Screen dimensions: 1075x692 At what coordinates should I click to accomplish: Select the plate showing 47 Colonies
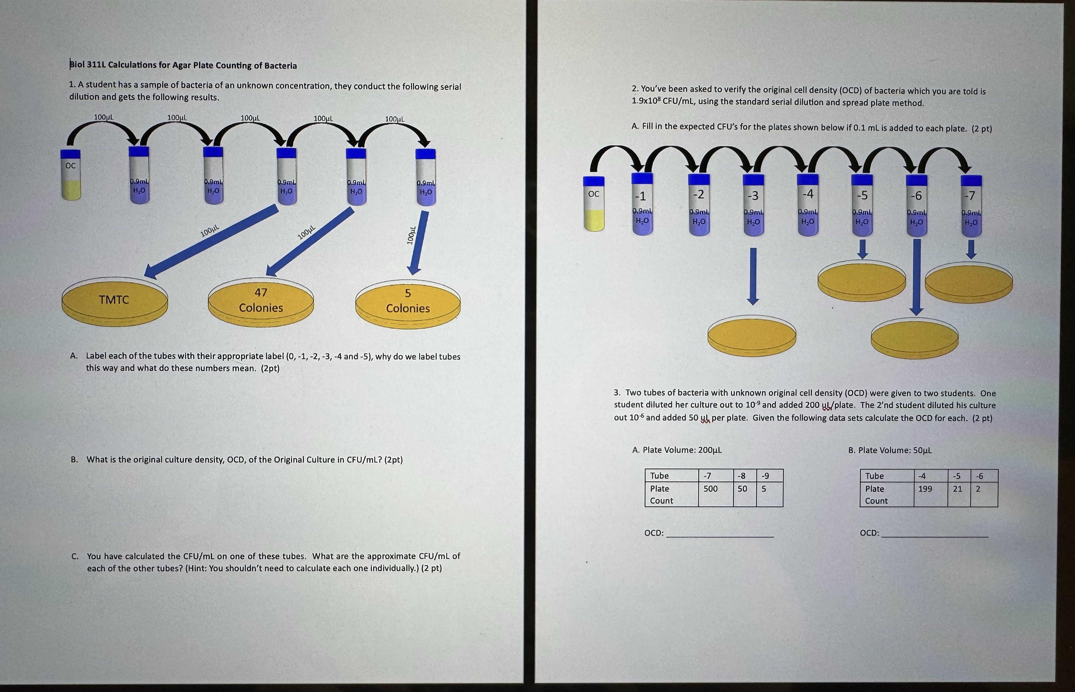(261, 301)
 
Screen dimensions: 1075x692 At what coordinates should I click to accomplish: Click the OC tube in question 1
(71, 175)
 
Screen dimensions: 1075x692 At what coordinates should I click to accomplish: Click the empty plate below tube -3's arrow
(752, 335)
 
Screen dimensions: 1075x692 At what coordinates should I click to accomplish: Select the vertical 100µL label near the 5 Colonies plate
(410, 235)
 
